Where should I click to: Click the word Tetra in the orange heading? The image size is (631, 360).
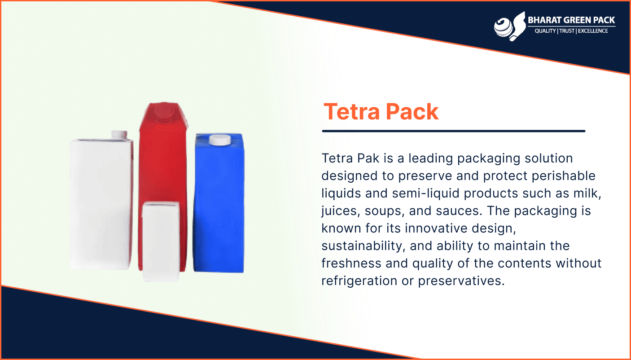coord(352,112)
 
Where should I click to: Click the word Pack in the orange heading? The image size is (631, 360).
coord(412,112)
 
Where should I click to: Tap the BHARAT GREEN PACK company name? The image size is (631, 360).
coord(571,20)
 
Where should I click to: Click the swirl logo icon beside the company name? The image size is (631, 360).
coord(510,26)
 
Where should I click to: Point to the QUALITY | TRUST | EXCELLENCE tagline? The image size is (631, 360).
coord(571,31)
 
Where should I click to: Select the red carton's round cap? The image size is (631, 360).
coord(163,112)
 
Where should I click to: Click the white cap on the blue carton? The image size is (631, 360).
coord(220,140)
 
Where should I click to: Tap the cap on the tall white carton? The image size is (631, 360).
coord(119,135)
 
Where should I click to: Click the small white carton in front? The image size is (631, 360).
coord(161,241)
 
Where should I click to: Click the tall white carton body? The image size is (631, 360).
coord(101,204)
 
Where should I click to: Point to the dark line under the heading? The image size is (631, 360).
coord(454,131)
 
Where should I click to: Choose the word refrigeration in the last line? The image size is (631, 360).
coord(359,281)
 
